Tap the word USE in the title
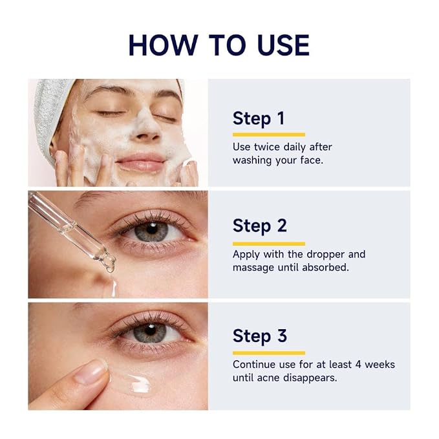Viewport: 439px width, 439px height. [283, 45]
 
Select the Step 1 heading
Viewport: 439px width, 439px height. [259, 119]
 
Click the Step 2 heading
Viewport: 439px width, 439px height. [259, 226]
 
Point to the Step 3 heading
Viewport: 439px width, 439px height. [259, 336]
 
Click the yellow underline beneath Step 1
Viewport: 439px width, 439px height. [269, 134]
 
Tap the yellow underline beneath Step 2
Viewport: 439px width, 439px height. [269, 244]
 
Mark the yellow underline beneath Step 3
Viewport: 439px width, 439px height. [269, 353]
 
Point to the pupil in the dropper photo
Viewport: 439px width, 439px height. [152, 228]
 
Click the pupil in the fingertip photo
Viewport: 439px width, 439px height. [151, 330]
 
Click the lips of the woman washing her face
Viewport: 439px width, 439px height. [140, 163]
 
